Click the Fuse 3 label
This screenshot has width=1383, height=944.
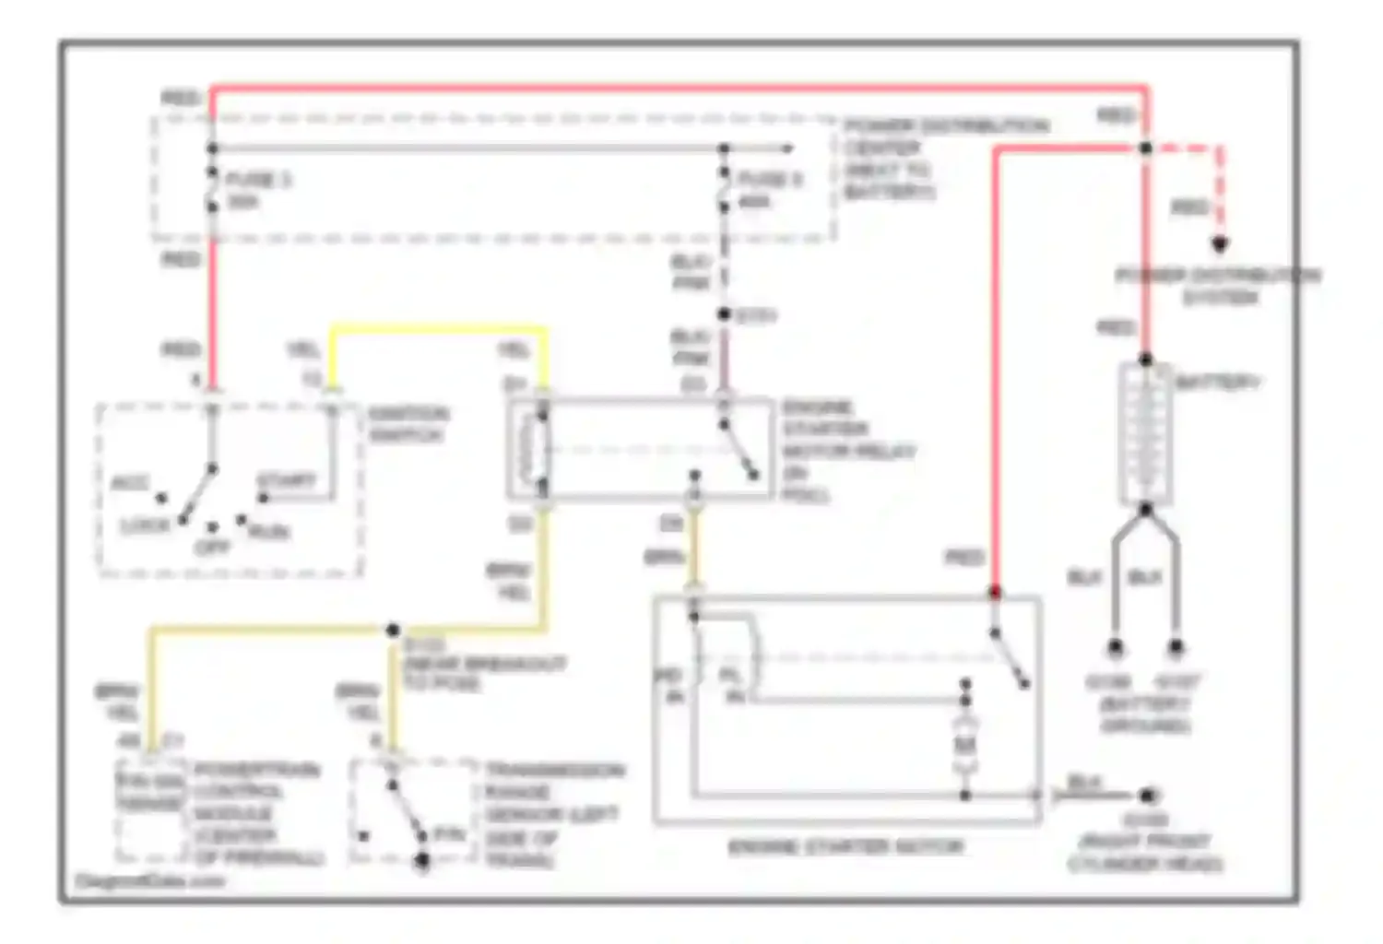257,179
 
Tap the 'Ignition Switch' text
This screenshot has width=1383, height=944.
408,423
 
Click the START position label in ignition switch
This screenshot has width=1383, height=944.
286,481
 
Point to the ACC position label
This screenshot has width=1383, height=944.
129,484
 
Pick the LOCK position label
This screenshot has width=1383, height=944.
145,526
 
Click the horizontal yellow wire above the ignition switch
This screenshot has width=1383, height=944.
438,327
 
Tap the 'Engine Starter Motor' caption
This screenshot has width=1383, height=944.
845,846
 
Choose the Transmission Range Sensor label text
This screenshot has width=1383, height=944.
553,815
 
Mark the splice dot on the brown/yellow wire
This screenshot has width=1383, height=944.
393,631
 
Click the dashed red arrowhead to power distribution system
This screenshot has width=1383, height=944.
1220,245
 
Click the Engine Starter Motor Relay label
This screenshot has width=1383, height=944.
846,451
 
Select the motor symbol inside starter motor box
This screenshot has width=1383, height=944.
964,743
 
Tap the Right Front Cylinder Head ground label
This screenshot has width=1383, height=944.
1144,842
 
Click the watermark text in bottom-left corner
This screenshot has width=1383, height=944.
150,881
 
